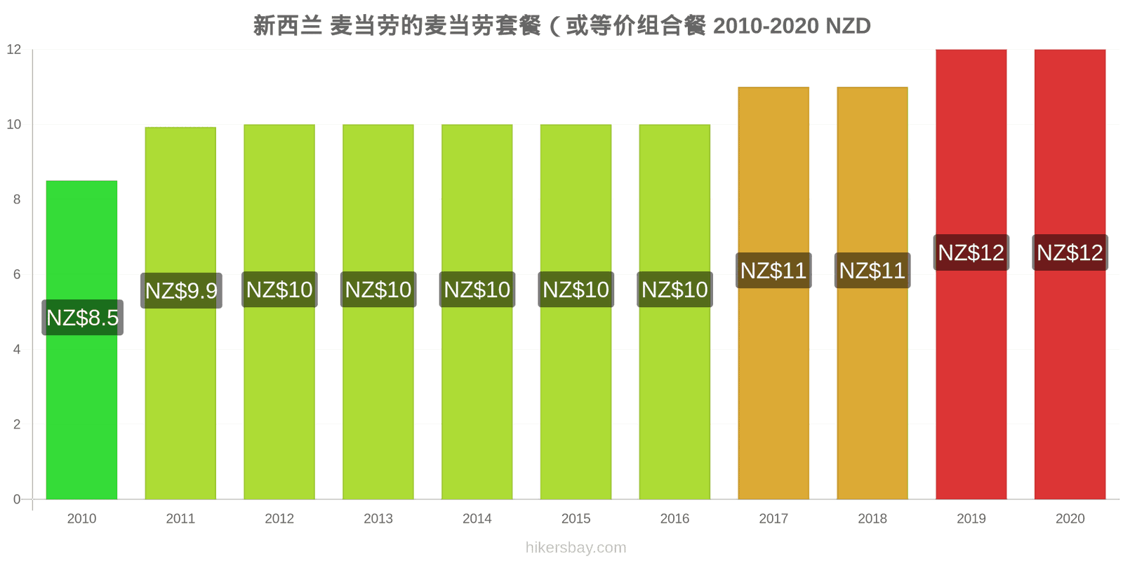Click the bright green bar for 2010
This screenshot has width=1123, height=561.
coord(81,339)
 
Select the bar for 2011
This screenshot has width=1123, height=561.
coord(180,313)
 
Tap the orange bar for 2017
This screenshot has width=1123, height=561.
coord(773,293)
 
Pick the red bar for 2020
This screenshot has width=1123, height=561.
coord(1070,274)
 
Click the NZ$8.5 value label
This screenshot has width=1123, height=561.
coord(82,318)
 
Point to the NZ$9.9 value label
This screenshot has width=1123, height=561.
coord(181,290)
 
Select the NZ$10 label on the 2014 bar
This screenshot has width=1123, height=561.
coord(477,290)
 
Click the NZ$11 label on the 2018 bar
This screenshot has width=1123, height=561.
coord(872,271)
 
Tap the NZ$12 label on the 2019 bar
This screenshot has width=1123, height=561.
coord(971,252)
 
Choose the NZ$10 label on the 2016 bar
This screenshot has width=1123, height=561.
coord(675,290)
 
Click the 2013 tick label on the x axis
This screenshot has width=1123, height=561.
coord(378,518)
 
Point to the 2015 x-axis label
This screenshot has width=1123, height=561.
coord(576,518)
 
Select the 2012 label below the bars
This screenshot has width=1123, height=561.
coord(279,518)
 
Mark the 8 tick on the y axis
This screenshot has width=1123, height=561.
coord(17,199)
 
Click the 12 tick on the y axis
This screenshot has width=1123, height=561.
coord(14,50)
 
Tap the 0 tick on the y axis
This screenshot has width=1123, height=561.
coord(17,499)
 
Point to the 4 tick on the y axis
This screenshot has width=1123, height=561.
coord(17,350)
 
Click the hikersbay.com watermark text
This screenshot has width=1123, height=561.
coord(576,548)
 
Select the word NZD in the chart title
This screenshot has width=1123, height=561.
coord(848,26)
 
